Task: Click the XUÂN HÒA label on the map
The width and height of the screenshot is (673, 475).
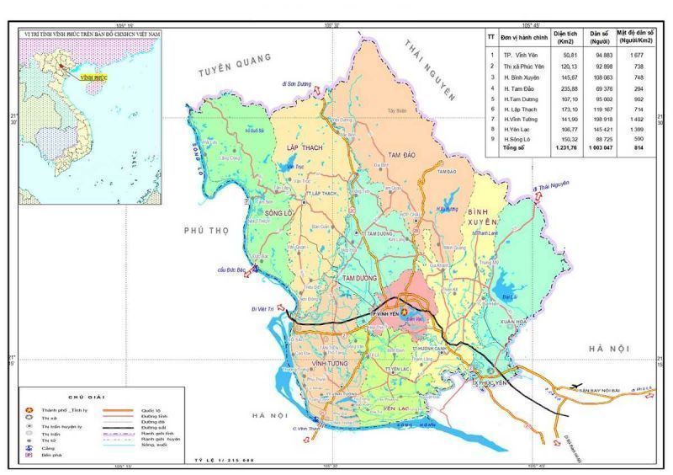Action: [511, 323]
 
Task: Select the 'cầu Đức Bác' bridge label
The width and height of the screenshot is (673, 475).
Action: [234, 270]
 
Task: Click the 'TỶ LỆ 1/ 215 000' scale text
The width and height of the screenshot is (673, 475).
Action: [224, 462]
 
